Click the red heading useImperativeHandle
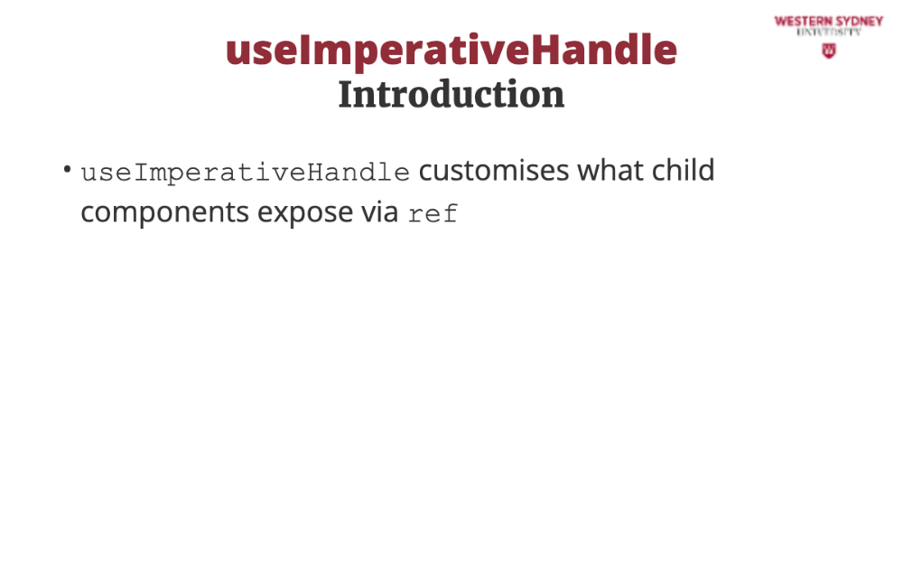pyautogui.click(x=451, y=51)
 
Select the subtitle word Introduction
pyautogui.click(x=451, y=95)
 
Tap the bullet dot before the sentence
pyautogui.click(x=68, y=170)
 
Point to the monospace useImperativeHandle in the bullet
pyautogui.click(x=246, y=173)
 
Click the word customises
pyautogui.click(x=494, y=171)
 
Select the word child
pyautogui.click(x=683, y=170)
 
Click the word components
pyautogui.click(x=164, y=212)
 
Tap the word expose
pyautogui.click(x=304, y=213)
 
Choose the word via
pyautogui.click(x=379, y=211)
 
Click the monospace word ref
pyautogui.click(x=433, y=213)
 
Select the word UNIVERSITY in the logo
pyautogui.click(x=829, y=33)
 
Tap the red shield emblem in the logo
pyautogui.click(x=829, y=51)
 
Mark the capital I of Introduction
pyautogui.click(x=346, y=95)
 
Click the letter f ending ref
pyautogui.click(x=450, y=212)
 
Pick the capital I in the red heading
pyautogui.click(x=303, y=51)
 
